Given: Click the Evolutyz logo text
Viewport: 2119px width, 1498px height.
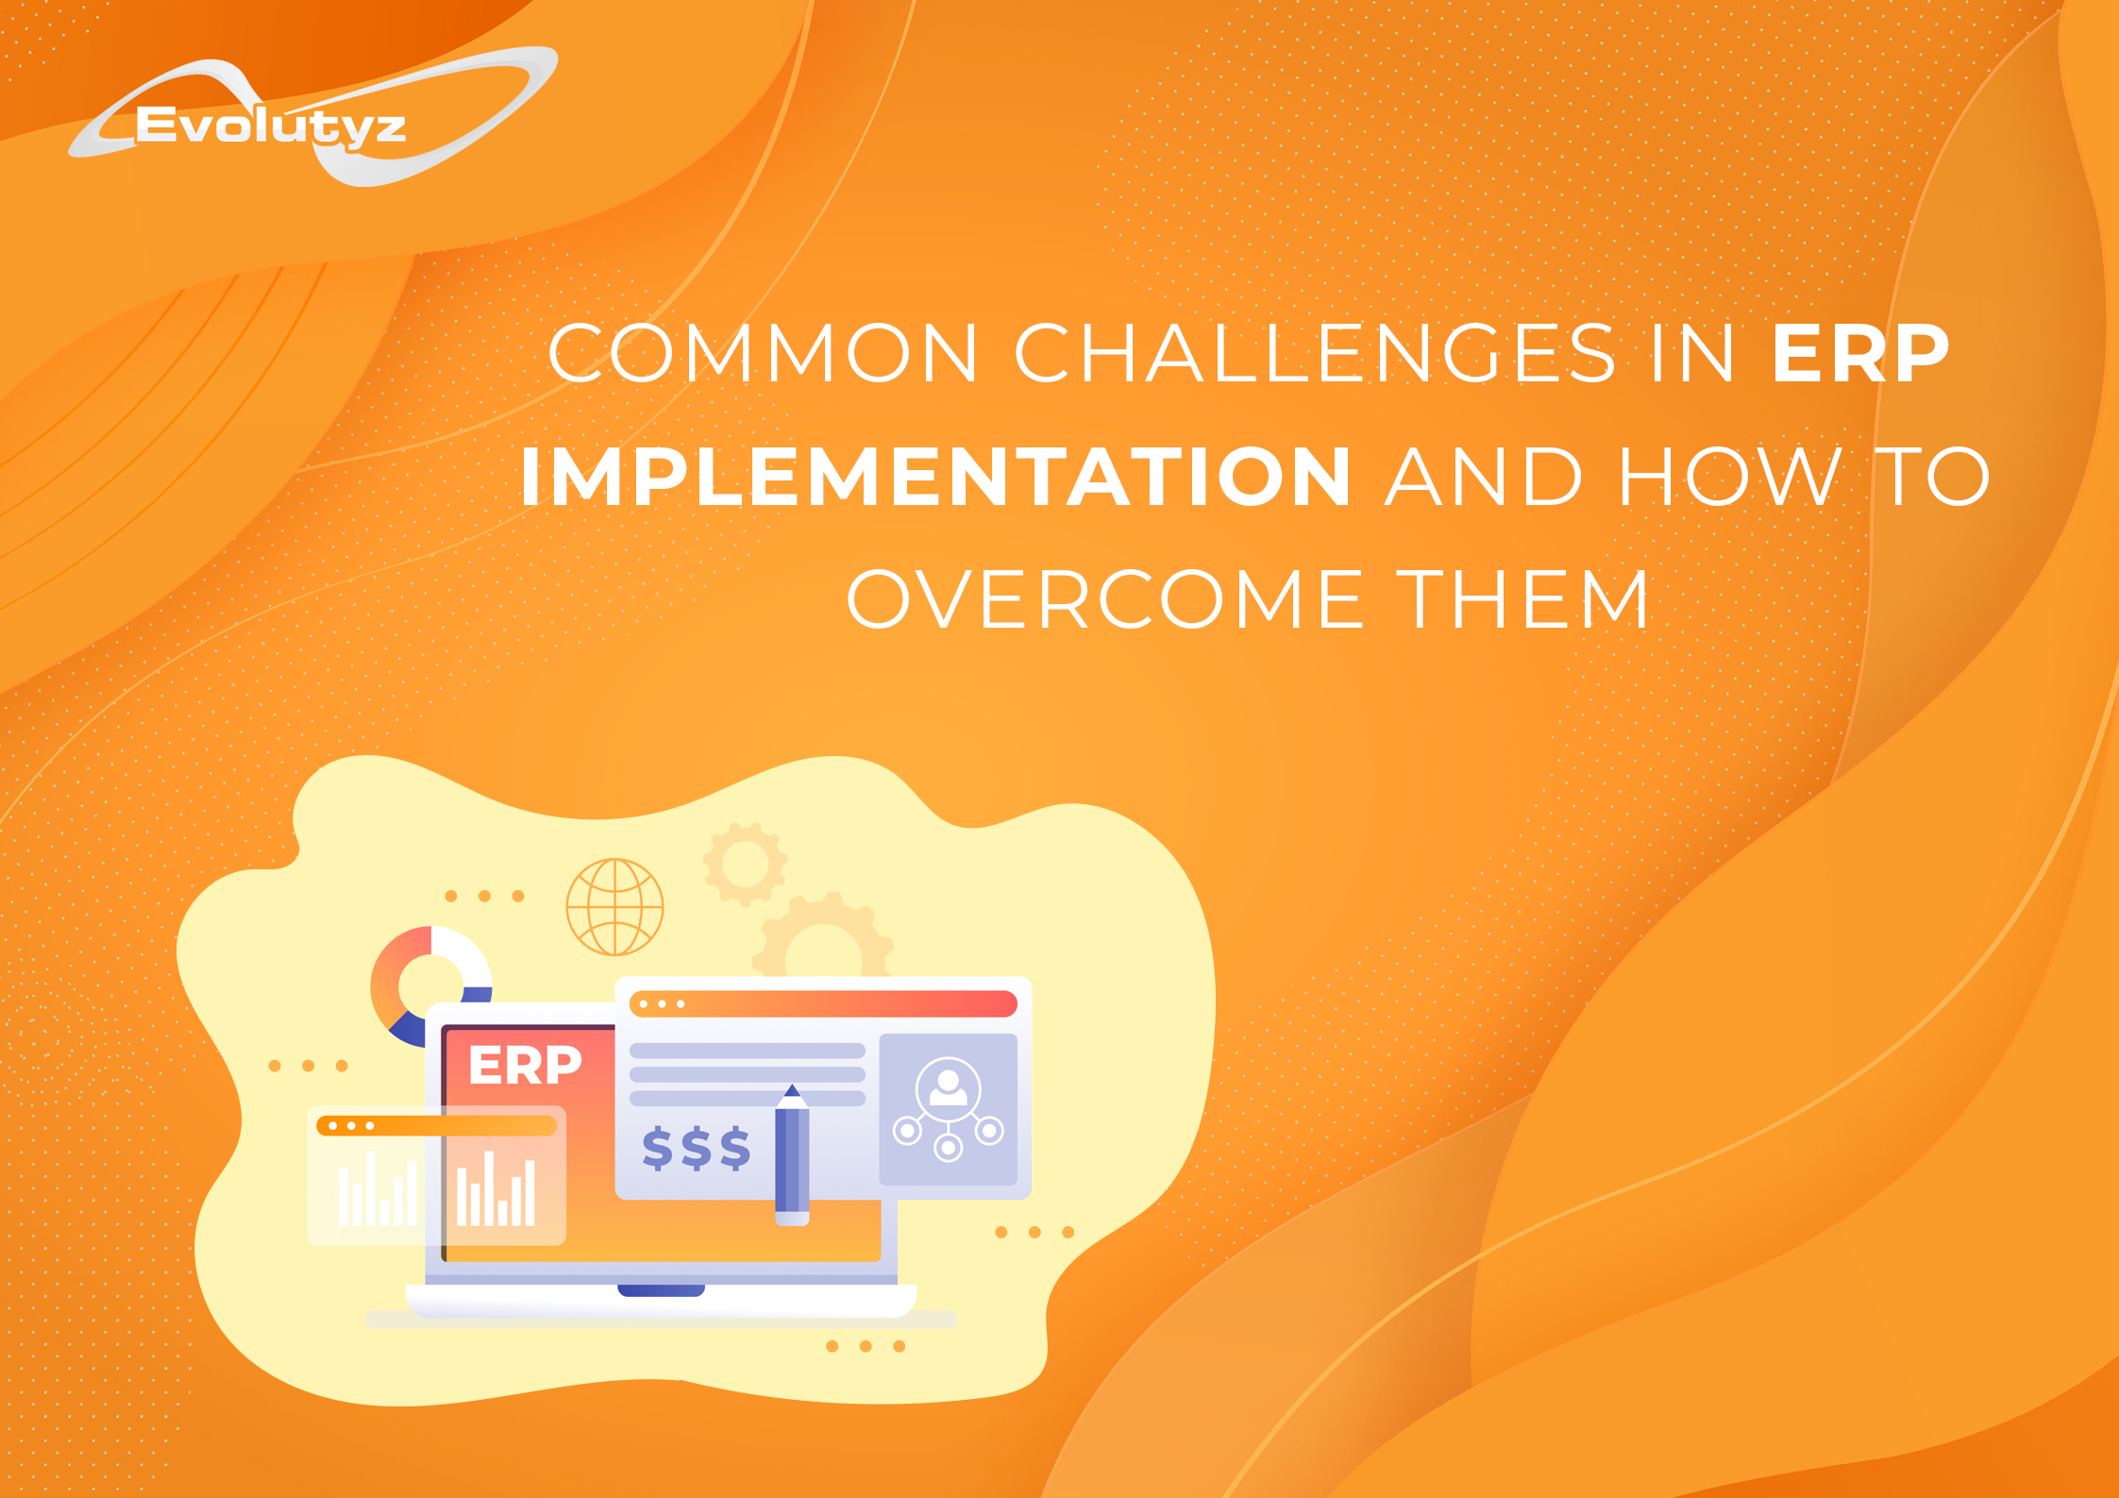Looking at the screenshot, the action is (x=271, y=126).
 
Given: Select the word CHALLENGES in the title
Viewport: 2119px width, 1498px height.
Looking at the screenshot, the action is (x=1316, y=353).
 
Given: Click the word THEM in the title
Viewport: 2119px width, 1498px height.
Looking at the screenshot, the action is (x=1522, y=599).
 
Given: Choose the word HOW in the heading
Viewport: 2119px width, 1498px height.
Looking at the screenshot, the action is (x=1730, y=477).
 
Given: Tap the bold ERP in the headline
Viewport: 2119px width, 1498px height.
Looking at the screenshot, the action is (x=1860, y=353).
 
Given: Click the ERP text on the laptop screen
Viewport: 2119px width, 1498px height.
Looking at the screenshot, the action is (x=525, y=1066).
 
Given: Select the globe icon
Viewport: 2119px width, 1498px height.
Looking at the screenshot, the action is (x=615, y=907).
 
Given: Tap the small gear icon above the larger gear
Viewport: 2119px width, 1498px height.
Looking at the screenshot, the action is (x=746, y=864).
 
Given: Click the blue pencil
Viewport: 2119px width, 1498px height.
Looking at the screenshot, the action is (x=792, y=1155).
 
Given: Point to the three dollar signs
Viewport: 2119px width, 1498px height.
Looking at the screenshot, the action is (x=697, y=1149).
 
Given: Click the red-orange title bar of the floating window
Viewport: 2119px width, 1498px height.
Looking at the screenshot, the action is (x=823, y=1003).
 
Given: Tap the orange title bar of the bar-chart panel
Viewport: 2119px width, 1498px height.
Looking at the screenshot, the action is (x=437, y=1126).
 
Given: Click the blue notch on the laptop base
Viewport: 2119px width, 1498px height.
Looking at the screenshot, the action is (x=661, y=1290).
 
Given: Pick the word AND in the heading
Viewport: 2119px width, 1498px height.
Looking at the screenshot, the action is (x=1484, y=477).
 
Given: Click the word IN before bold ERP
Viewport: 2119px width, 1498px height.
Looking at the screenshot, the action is (x=1692, y=353).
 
